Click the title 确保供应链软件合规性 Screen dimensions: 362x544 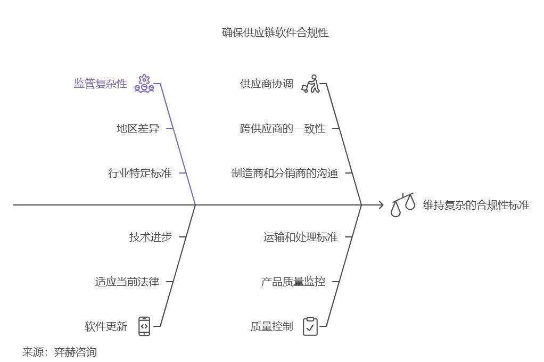[x=275, y=32]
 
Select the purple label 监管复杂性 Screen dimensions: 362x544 [x=101, y=84]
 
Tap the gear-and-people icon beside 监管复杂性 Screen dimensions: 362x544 [x=144, y=84]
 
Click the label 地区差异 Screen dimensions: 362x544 [x=138, y=128]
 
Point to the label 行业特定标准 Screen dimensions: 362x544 [x=140, y=173]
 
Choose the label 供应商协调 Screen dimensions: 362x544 [x=266, y=84]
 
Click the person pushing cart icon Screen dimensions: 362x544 [x=311, y=84]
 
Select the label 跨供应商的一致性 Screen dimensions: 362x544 [x=282, y=128]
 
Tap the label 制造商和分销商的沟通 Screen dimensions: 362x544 [x=285, y=173]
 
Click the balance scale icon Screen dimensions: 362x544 [x=403, y=205]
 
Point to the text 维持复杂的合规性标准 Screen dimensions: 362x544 [x=476, y=205]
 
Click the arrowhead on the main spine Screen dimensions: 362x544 [x=380, y=204]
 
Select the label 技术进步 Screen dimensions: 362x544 [x=150, y=237]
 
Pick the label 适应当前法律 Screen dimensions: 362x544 [x=127, y=282]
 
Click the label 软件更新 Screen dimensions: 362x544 [x=106, y=326]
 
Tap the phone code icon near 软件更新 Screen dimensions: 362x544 [x=144, y=326]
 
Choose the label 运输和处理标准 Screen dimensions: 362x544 [x=300, y=237]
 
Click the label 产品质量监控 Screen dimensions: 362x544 [x=293, y=282]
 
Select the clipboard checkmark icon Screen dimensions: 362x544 [x=310, y=326]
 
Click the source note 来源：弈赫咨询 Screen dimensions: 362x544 [x=59, y=352]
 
